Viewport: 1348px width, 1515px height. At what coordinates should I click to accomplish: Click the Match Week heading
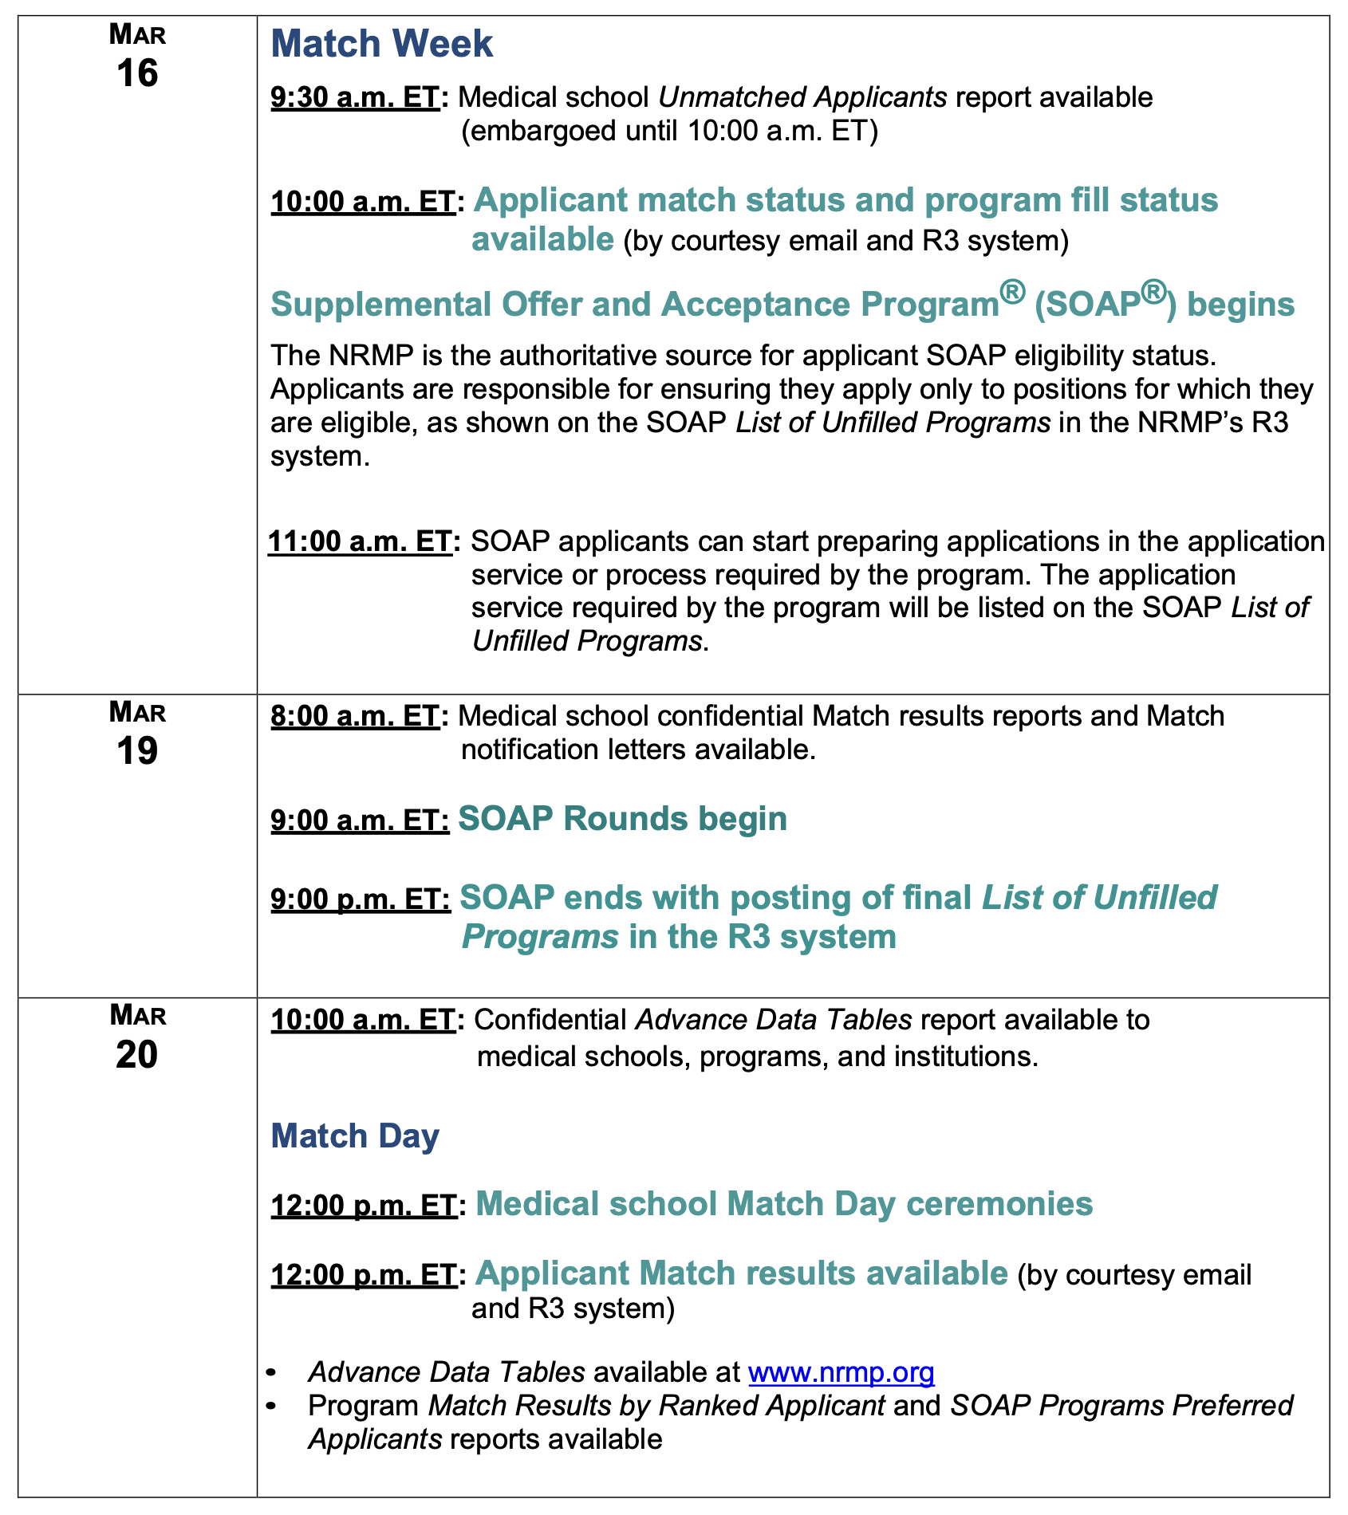pos(381,44)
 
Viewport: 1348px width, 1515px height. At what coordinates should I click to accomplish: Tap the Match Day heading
pos(355,1136)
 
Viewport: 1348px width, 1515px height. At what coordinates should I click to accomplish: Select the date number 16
pos(137,73)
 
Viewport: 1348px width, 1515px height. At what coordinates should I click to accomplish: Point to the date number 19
pos(137,751)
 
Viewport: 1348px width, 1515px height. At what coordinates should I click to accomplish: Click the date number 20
pos(137,1055)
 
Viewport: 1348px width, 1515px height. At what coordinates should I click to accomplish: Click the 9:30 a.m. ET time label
pos(355,98)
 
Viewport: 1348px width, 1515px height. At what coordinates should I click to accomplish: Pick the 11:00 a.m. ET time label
pos(360,542)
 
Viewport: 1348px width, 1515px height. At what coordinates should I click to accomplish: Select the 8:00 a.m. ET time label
pos(355,717)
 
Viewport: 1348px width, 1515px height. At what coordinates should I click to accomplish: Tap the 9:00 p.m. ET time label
pos(360,899)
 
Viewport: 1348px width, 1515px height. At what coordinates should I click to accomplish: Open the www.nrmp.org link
pos(841,1372)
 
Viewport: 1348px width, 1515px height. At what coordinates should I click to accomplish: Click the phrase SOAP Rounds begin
pos(622,819)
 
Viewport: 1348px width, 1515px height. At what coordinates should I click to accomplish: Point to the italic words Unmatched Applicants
pos(802,97)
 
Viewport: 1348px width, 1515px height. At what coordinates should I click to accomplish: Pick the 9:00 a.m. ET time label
pos(360,820)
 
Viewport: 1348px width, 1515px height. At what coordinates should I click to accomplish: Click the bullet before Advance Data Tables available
pos(273,1373)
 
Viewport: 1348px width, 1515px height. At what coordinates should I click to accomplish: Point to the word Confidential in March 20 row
pos(550,1021)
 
